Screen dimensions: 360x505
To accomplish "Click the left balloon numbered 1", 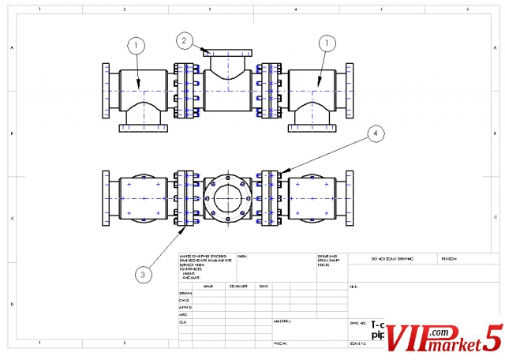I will click(x=137, y=45).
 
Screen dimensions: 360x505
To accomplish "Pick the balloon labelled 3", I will click(x=142, y=274).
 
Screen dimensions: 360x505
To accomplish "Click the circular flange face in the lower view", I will click(x=227, y=197).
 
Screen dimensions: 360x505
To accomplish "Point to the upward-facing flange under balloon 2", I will click(x=227, y=52).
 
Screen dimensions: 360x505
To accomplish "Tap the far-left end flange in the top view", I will click(x=107, y=92).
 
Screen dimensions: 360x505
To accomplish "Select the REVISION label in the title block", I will click(x=450, y=258).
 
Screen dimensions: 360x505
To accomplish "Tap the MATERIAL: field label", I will click(x=282, y=322).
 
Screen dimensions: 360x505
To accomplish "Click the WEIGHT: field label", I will click(x=281, y=344).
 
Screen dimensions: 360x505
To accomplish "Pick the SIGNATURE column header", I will click(x=238, y=286).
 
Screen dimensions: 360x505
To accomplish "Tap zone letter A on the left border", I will click(x=11, y=48).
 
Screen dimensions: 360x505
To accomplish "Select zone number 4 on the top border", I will click(x=295, y=9).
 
